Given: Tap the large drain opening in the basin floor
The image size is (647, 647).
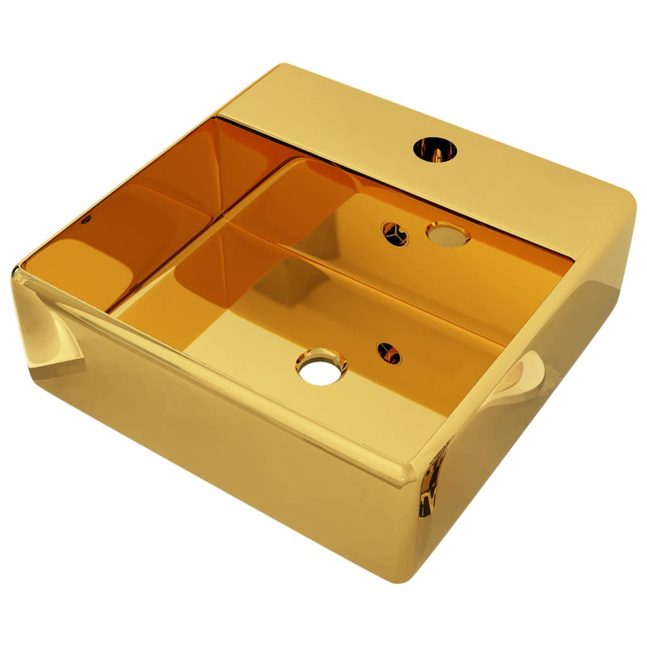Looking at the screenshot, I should (321, 365).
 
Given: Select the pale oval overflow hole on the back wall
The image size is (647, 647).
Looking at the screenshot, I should (448, 236).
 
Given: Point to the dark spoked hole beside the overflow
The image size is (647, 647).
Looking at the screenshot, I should (395, 232).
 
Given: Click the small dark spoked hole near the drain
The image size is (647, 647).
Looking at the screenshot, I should (388, 352).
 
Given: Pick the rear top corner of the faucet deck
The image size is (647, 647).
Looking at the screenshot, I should (271, 67).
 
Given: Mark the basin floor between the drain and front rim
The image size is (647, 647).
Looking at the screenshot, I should (315, 404).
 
